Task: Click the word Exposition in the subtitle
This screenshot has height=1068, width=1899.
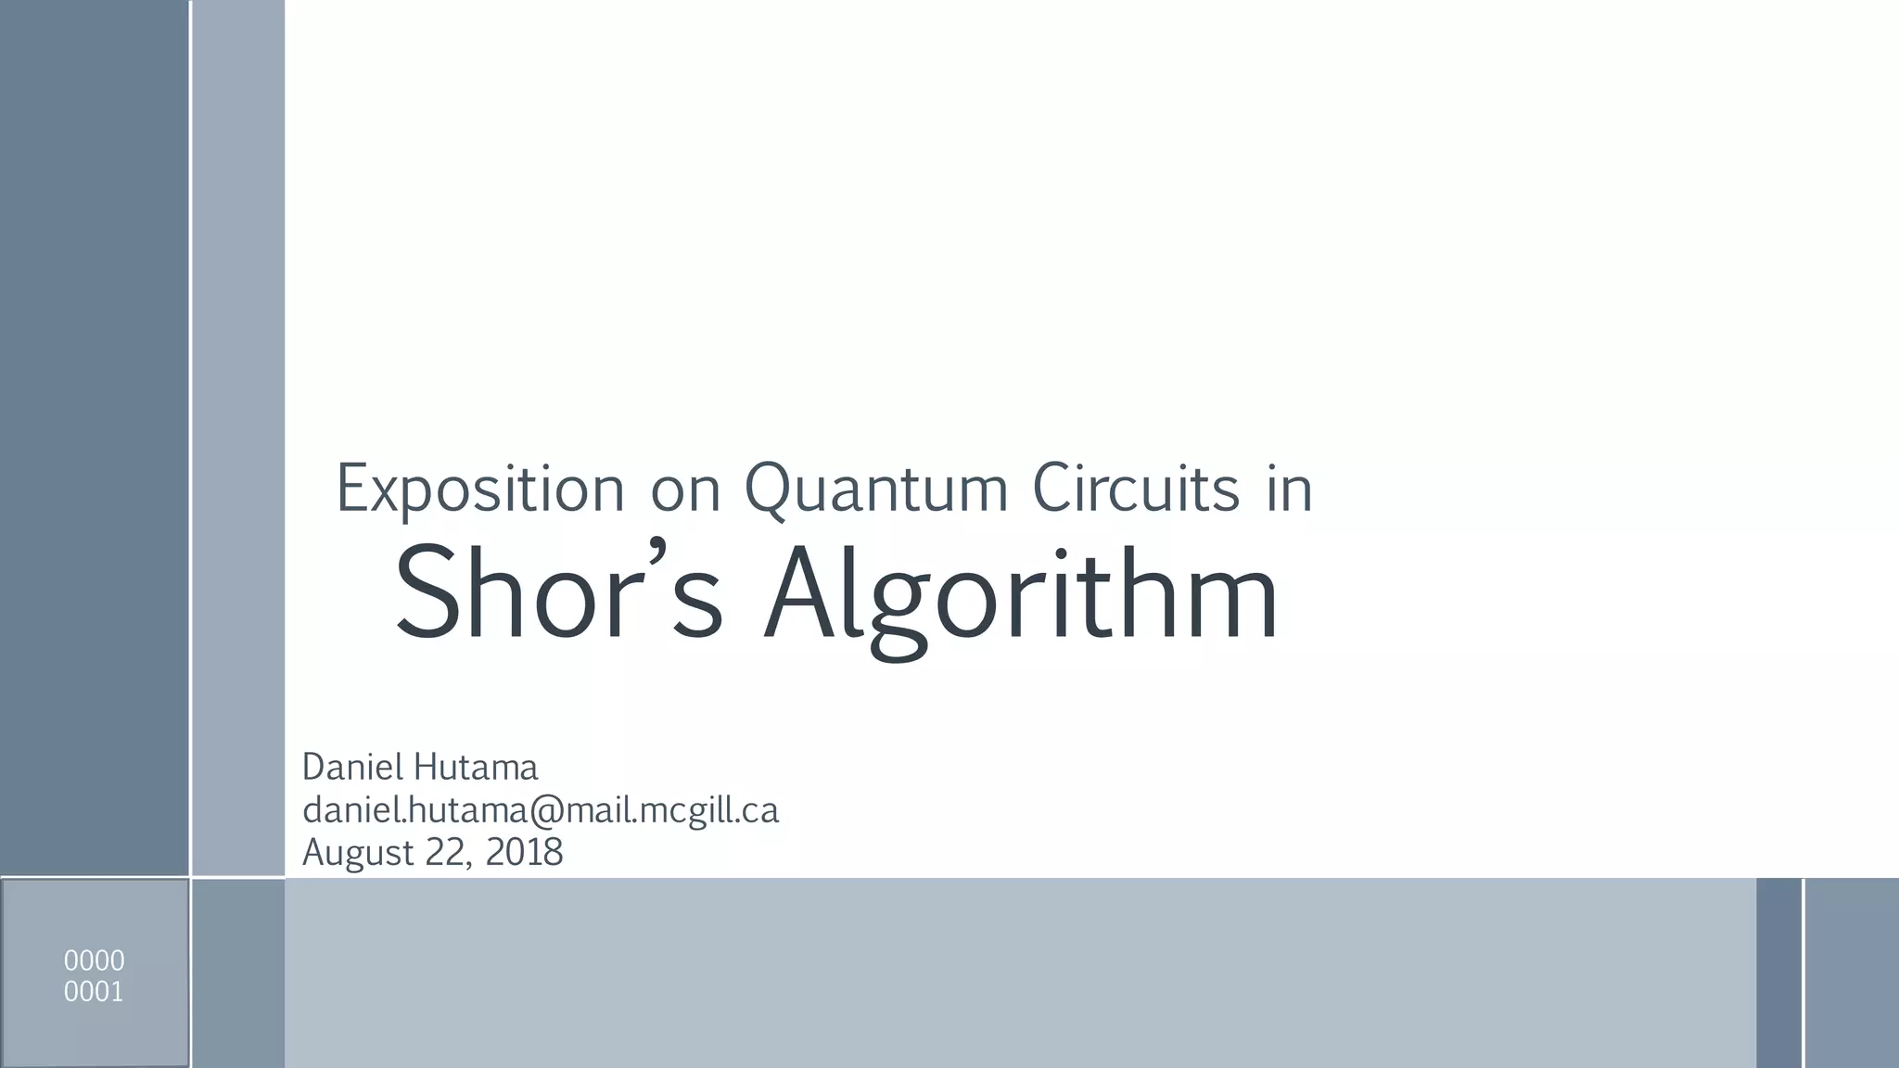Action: point(480,489)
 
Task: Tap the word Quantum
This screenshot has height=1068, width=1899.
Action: point(876,489)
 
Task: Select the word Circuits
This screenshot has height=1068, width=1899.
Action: point(1136,489)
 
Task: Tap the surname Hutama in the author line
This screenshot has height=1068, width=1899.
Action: point(476,768)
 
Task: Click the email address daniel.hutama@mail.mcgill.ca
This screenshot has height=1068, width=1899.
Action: point(541,811)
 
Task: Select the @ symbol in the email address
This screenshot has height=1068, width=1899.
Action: point(546,811)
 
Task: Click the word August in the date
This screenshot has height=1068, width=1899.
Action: point(358,853)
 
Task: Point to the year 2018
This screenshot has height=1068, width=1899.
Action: point(524,852)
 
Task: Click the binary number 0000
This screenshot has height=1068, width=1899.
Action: point(94,960)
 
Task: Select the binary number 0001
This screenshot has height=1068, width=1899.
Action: point(94,992)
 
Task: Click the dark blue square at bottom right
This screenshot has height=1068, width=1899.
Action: point(1778,973)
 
